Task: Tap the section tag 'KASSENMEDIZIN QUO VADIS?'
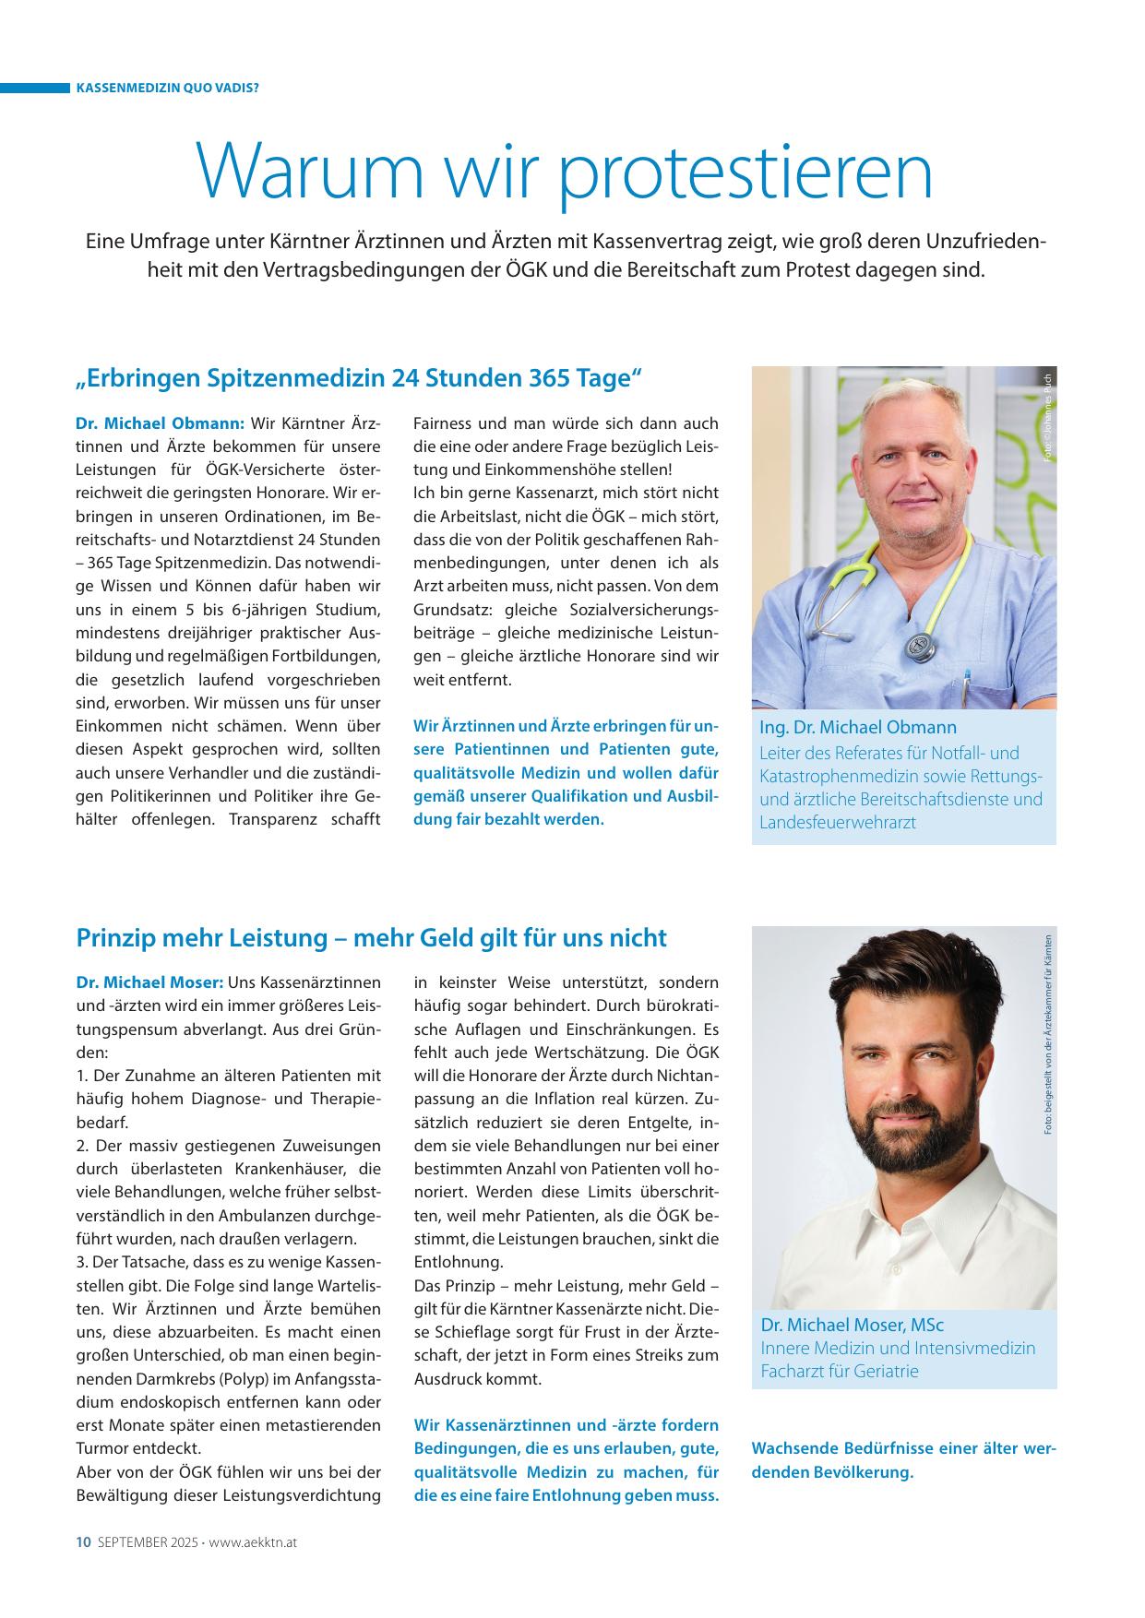[166, 89]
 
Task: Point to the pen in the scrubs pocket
[967, 686]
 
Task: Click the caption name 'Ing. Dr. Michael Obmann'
[858, 727]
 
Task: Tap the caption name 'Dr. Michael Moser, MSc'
[852, 1325]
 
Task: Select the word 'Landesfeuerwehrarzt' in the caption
[838, 822]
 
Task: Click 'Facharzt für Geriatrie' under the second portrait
[840, 1371]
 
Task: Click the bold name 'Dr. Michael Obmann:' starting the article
[160, 423]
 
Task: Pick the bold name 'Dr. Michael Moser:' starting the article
[149, 982]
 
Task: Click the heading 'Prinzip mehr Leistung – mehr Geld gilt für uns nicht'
[371, 938]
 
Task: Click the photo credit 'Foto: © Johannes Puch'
[1047, 415]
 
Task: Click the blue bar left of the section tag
[35, 89]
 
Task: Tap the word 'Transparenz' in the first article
[269, 819]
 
